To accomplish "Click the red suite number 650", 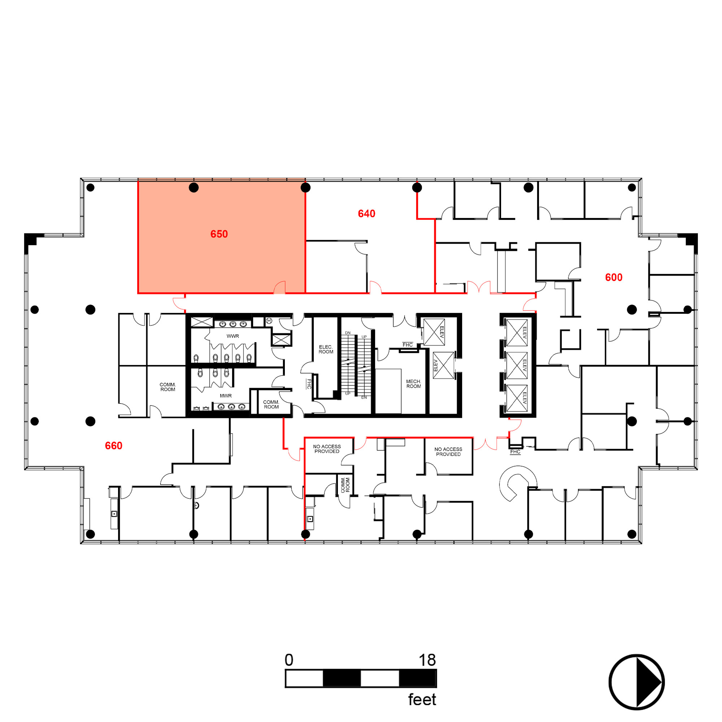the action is [x=219, y=234].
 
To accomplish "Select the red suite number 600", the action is [x=614, y=277].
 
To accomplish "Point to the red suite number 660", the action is [x=114, y=445].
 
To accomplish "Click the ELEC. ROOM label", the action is [x=326, y=349].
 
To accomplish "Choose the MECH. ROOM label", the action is [x=413, y=384].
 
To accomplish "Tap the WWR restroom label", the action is [x=232, y=336].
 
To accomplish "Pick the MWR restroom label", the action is [x=225, y=396].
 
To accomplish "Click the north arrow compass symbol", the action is [x=636, y=682].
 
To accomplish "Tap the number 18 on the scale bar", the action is [x=427, y=660].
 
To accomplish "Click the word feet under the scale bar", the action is [x=422, y=700].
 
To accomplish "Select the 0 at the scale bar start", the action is [x=289, y=660].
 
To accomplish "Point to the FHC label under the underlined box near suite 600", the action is [x=515, y=452].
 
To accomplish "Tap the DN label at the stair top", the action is [x=348, y=332].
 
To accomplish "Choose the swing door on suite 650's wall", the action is [x=279, y=287].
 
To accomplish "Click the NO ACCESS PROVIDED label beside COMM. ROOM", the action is [x=327, y=449].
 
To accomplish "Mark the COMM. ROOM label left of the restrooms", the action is [x=168, y=387].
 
